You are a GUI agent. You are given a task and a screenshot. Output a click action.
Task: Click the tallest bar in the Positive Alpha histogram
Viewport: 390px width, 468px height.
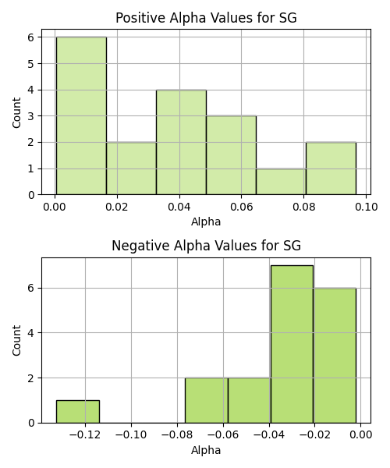[x=81, y=115]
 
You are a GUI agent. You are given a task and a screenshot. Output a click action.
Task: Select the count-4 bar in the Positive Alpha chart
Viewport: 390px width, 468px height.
[x=181, y=143]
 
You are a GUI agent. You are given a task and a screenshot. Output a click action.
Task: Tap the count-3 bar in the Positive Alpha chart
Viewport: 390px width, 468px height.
[x=231, y=155]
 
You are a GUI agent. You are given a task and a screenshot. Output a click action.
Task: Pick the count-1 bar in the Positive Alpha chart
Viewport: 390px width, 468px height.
[x=281, y=182]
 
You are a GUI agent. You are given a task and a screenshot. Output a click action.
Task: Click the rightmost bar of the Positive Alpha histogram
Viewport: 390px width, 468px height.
[x=331, y=168]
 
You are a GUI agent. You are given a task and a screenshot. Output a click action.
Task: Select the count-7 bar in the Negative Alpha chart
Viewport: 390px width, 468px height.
[x=292, y=344]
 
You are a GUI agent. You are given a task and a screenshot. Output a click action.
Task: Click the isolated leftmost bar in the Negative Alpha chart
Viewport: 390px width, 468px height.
[x=78, y=412]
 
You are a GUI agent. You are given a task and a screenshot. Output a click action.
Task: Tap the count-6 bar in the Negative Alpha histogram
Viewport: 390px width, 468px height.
[x=335, y=356]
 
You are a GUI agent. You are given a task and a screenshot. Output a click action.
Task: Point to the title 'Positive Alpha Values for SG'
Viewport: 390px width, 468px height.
[x=206, y=18]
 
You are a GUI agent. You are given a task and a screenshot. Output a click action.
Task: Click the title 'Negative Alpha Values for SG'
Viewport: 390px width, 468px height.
[x=206, y=246]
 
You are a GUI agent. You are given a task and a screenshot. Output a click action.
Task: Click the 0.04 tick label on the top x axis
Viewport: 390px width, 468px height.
[x=179, y=207]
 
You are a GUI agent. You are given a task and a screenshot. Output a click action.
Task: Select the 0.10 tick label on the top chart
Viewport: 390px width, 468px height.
[x=367, y=207]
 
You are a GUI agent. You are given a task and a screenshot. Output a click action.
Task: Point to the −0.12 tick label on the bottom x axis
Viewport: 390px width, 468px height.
[x=85, y=435]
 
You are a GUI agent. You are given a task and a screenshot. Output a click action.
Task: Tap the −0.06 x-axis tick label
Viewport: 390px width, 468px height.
[x=223, y=435]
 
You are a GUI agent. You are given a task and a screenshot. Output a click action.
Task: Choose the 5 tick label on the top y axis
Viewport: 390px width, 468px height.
[x=31, y=64]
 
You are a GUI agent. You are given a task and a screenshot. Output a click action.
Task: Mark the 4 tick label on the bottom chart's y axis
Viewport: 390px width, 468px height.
[x=31, y=333]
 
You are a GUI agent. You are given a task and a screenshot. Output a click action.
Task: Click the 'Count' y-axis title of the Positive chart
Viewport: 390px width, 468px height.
[x=16, y=112]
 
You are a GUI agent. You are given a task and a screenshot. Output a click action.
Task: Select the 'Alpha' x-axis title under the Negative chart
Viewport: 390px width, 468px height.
[x=206, y=450]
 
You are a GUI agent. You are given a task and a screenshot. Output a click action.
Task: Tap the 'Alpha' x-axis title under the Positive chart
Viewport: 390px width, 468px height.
[x=206, y=222]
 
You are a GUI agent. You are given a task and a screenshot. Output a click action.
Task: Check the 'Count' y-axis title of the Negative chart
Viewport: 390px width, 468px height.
[x=16, y=340]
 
